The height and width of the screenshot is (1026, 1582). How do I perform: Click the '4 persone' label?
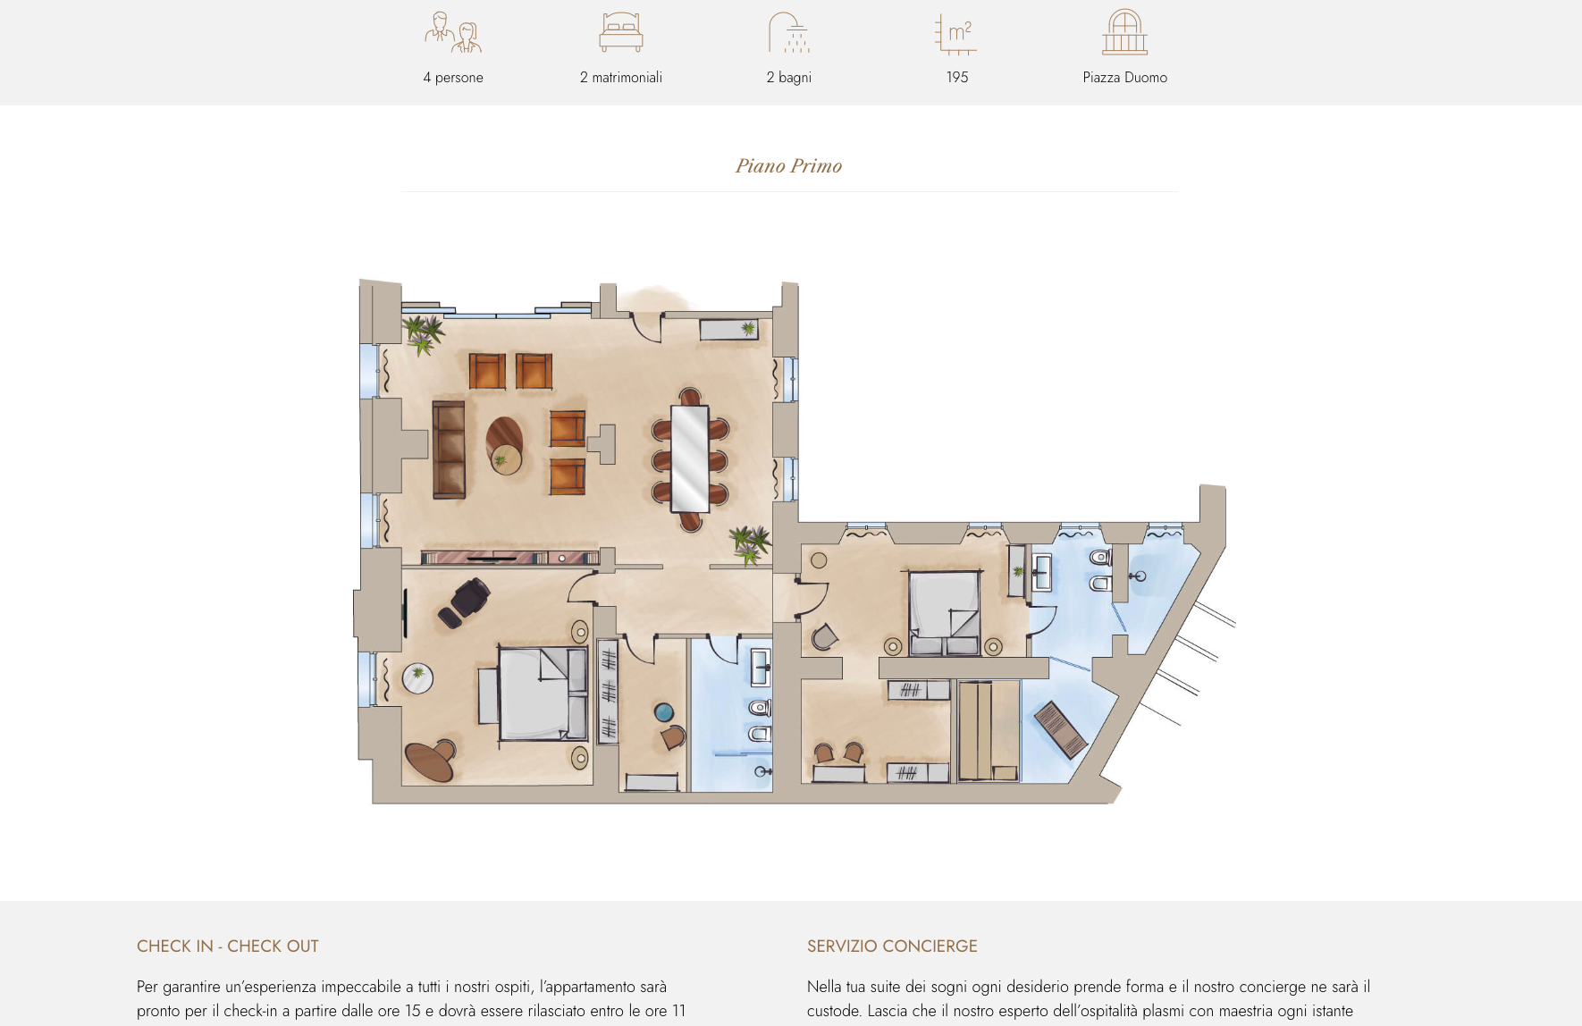pyautogui.click(x=453, y=78)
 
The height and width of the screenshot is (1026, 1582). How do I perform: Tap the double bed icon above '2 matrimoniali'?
pyautogui.click(x=621, y=32)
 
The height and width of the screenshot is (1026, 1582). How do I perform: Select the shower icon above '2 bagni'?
pyautogui.click(x=789, y=32)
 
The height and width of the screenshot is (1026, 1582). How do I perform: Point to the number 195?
pyautogui.click(x=957, y=78)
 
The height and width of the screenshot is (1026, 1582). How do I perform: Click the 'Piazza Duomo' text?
pyautogui.click(x=1125, y=78)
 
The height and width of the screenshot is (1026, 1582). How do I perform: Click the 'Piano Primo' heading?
pyautogui.click(x=789, y=166)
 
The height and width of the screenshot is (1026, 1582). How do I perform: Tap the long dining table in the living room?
pyautogui.click(x=690, y=458)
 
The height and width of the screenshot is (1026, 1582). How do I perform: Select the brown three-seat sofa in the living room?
pyautogui.click(x=449, y=450)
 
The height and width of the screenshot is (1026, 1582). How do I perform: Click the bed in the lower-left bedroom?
pyautogui.click(x=542, y=694)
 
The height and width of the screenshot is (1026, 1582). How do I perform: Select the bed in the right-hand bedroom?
pyautogui.click(x=945, y=613)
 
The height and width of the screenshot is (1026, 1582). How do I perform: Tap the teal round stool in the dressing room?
pyautogui.click(x=664, y=712)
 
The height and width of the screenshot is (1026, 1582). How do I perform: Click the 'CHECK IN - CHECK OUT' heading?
pyautogui.click(x=228, y=946)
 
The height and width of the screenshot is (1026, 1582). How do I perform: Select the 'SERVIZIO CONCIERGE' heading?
pyautogui.click(x=892, y=946)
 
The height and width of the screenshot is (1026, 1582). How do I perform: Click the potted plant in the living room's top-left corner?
pyautogui.click(x=422, y=334)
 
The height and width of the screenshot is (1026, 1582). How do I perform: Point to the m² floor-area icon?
pyautogui.click(x=956, y=34)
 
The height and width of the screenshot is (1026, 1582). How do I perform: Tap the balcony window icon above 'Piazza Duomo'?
pyautogui.click(x=1125, y=32)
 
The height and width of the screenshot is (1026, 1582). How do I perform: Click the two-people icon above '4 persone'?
pyautogui.click(x=453, y=32)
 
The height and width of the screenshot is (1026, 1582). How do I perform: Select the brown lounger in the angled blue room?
pyautogui.click(x=1061, y=729)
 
